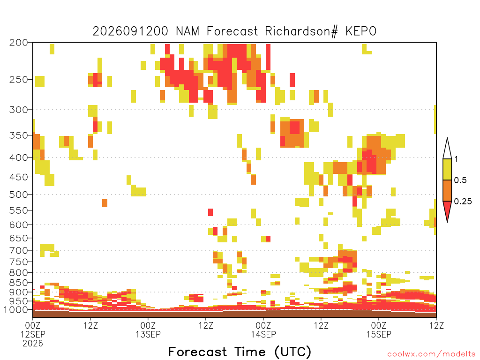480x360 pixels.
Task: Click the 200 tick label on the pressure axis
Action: pos(18,43)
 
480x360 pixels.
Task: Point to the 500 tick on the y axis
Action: pos(18,195)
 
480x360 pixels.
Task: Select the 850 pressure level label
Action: pos(18,283)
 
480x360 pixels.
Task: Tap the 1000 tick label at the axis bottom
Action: pos(15,310)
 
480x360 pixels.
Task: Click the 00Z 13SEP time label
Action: pos(148,330)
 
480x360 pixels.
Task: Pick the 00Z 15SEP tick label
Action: pos(379,330)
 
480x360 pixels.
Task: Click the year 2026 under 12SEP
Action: pos(33,343)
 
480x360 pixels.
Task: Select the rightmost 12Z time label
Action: pos(436,325)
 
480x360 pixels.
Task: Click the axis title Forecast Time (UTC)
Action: pos(240,352)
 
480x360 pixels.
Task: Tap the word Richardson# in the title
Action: pos(301,31)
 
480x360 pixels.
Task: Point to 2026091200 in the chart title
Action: pos(130,31)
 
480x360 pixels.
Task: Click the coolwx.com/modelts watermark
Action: pos(431,354)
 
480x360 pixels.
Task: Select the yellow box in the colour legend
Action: pos(447,169)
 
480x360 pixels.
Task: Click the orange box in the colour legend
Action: pos(447,190)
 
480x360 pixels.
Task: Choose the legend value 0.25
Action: pos(463,202)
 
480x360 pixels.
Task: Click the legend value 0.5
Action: pos(460,180)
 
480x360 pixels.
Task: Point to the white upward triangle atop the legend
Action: pos(447,149)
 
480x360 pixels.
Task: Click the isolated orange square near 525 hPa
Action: pos(105,203)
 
